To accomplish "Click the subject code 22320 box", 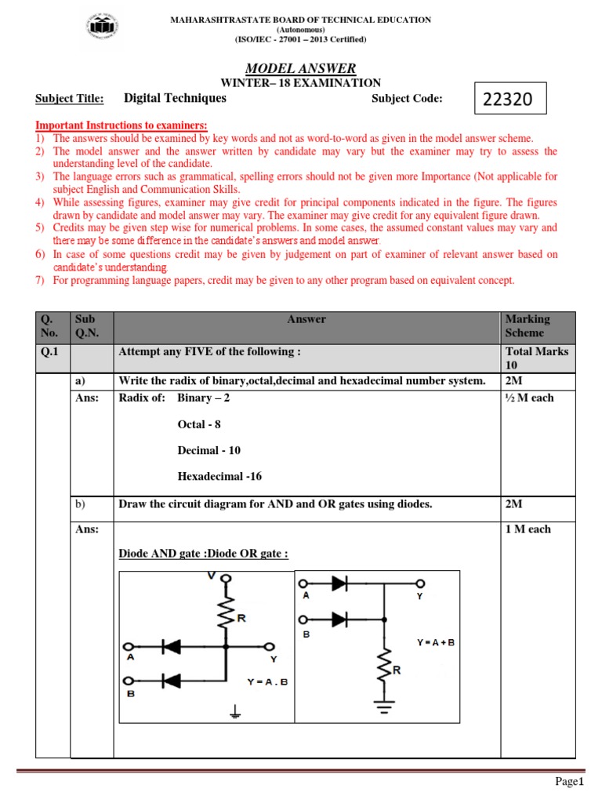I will [510, 100].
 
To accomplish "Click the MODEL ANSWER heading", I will [301, 69].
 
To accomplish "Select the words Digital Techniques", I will [175, 98].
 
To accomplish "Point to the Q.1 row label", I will [51, 352].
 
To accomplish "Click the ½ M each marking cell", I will [530, 398].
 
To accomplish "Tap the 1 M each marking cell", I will [528, 529].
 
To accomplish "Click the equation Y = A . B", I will [267, 681].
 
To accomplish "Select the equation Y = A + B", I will [435, 642].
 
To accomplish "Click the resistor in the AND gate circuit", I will [227, 616].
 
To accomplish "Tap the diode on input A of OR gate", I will [339, 583].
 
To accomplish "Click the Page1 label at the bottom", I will [570, 782].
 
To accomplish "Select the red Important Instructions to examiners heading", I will [121, 125].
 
